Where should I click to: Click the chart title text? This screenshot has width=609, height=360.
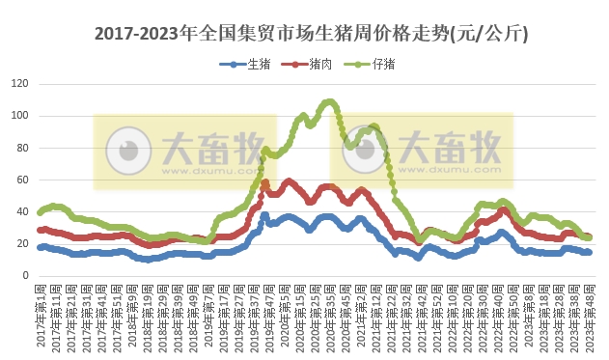pos(311,34)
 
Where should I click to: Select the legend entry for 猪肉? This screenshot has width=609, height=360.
pos(309,64)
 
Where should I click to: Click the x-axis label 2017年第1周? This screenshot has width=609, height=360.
pos(41,317)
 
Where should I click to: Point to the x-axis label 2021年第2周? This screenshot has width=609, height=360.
pos(361,317)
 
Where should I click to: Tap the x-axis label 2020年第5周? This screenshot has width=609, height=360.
pos(284,317)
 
